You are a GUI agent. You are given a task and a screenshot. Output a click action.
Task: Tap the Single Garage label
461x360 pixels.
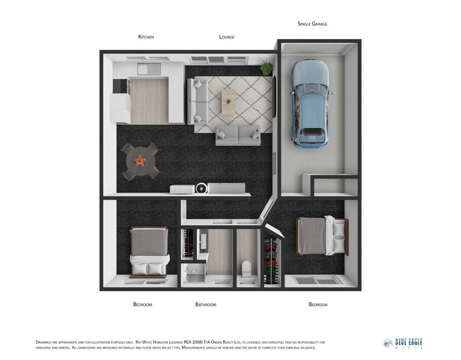(x=312, y=24)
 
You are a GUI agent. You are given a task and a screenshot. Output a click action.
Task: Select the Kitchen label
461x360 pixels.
(x=146, y=37)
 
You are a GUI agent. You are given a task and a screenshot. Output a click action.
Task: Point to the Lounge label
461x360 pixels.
(x=227, y=37)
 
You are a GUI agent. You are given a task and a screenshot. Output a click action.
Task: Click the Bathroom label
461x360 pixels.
(x=205, y=305)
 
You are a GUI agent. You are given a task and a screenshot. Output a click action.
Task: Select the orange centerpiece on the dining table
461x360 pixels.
(x=140, y=160)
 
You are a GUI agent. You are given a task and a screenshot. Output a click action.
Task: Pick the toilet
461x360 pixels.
(x=246, y=271)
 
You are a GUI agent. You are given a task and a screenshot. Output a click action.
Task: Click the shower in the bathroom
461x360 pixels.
(x=194, y=275)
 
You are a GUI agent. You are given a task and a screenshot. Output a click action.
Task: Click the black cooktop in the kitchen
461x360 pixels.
(x=120, y=87)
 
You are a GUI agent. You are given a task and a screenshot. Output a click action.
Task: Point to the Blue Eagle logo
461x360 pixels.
(x=403, y=343)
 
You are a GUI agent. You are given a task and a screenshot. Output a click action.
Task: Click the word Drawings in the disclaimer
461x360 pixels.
(x=47, y=341)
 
